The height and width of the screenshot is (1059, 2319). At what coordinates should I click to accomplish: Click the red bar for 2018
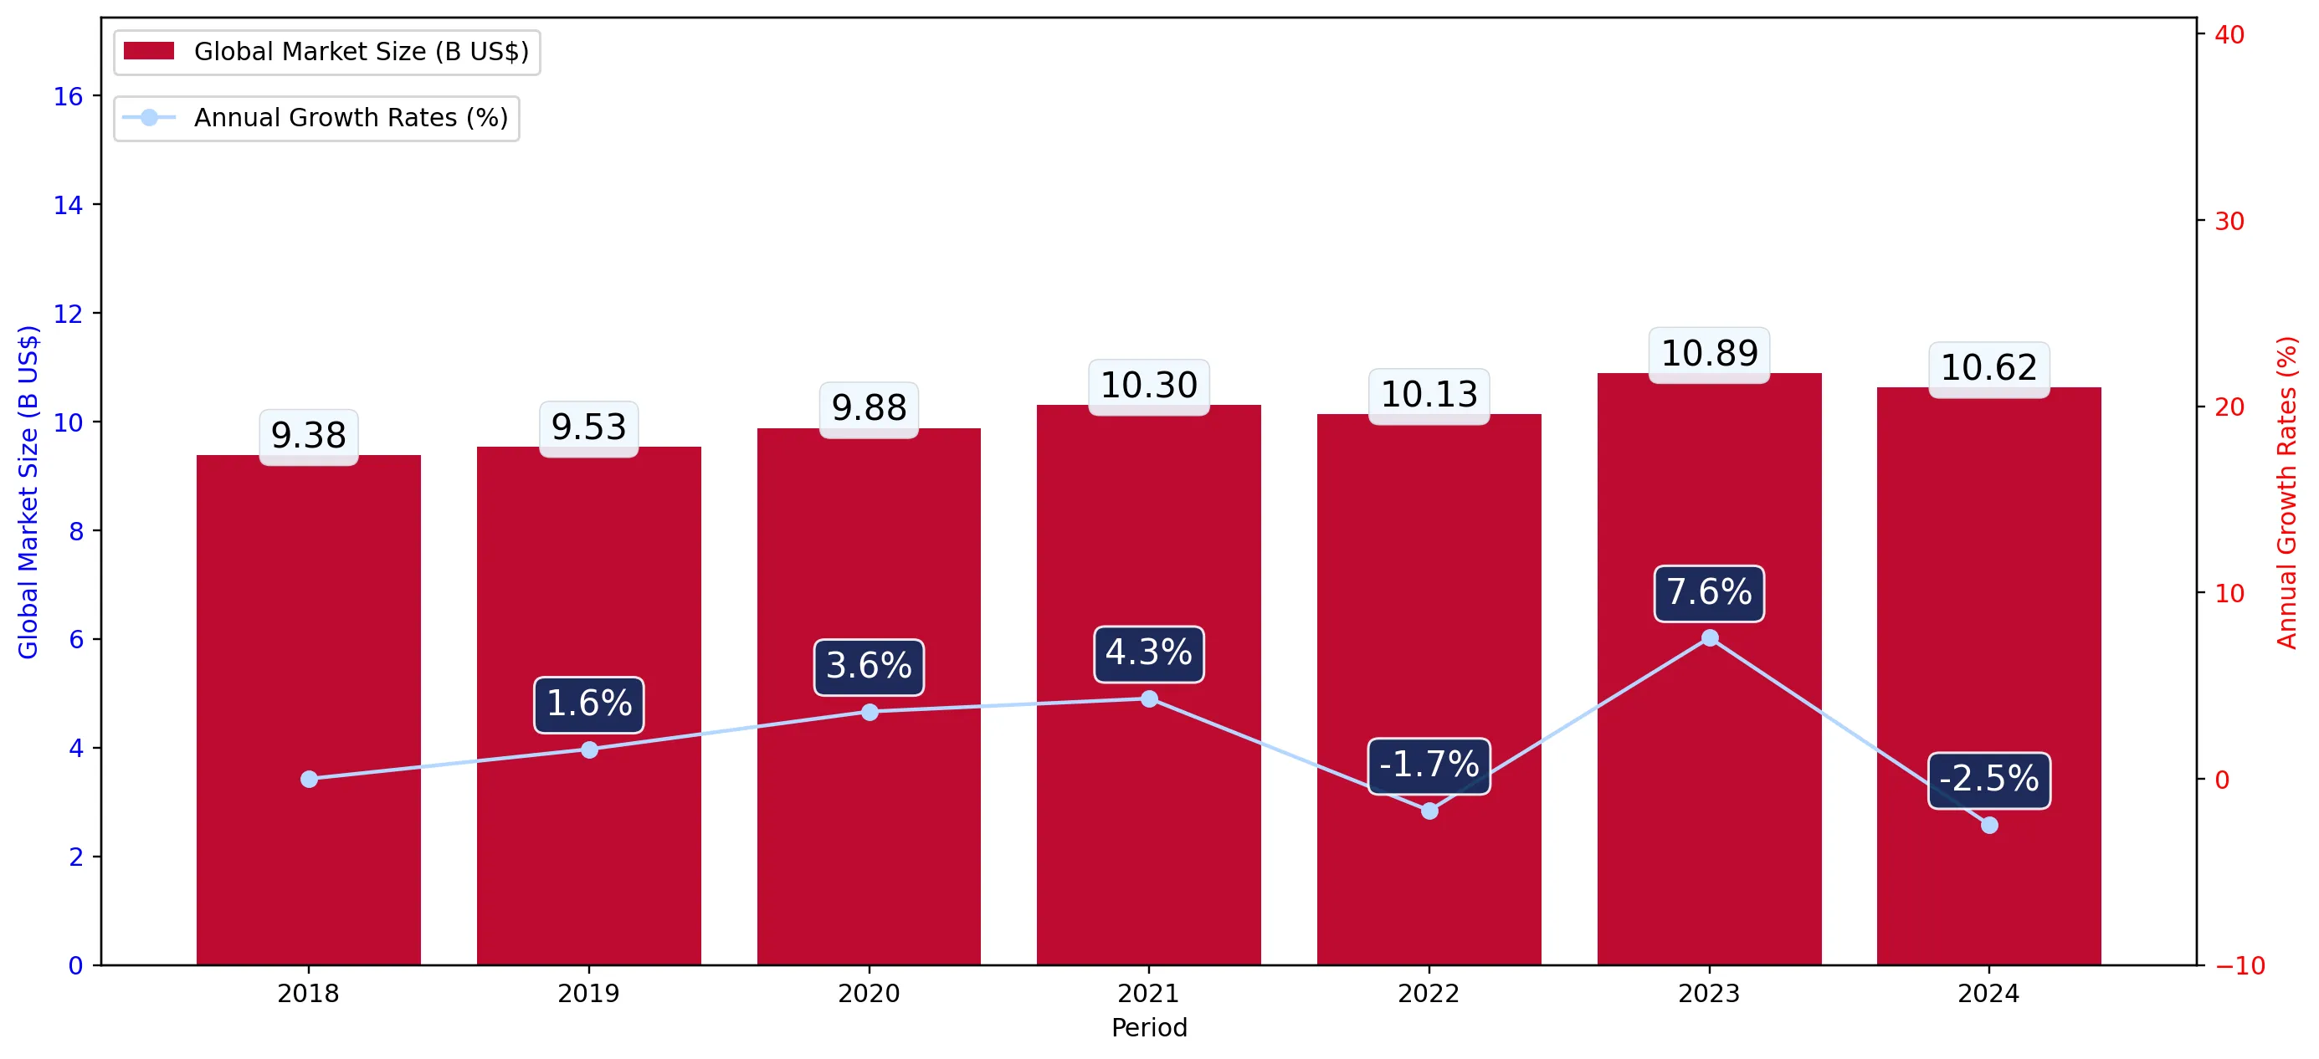click(x=309, y=710)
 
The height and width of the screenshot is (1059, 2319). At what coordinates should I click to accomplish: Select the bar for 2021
click(x=1149, y=685)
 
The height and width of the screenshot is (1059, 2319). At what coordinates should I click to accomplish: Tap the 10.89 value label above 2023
click(x=1709, y=355)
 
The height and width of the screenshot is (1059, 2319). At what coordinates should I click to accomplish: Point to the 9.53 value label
click(x=589, y=428)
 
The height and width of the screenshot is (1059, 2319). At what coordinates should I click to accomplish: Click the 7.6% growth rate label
click(x=1709, y=593)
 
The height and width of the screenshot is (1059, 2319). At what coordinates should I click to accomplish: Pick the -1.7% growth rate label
click(x=1429, y=765)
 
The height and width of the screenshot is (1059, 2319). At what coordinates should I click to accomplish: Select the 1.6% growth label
click(x=589, y=704)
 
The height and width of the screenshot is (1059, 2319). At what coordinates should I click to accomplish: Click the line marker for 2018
click(x=309, y=779)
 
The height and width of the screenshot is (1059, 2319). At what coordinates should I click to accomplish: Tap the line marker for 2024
click(x=1988, y=825)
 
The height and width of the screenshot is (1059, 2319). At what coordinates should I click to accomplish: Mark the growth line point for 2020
click(x=870, y=712)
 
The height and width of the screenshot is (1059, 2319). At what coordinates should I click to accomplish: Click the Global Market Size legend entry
click(x=326, y=52)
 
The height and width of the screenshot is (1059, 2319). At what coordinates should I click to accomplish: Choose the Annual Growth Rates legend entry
click(x=316, y=118)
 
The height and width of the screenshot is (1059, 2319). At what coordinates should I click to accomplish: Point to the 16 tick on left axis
click(x=69, y=97)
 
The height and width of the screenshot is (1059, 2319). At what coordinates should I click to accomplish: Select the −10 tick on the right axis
click(x=2239, y=965)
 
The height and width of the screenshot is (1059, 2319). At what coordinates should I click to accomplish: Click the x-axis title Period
click(x=1149, y=1027)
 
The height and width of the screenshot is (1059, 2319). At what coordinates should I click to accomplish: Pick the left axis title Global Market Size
click(x=28, y=492)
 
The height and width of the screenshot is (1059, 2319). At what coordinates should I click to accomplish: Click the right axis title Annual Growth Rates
click(x=2286, y=492)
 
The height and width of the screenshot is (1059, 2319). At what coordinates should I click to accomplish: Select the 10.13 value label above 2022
click(x=1429, y=396)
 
